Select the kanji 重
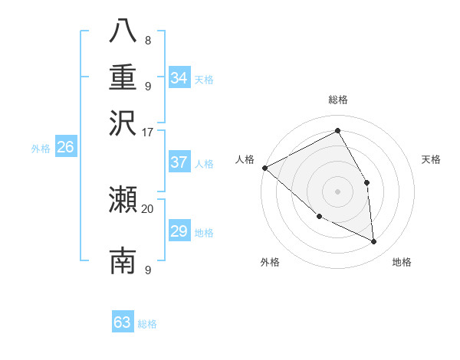coord(123,77)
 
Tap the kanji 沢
coord(123,122)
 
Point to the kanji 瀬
coord(123,200)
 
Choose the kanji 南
coord(123,260)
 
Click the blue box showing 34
coord(179,78)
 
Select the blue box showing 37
coord(179,162)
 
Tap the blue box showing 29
coord(179,231)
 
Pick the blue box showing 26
coord(66,147)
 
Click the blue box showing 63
coord(123,322)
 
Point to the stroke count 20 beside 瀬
coord(148,208)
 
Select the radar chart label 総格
coord(338,100)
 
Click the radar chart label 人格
coord(245,159)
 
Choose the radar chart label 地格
coord(402,263)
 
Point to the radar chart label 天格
coord(432,159)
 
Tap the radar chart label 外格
coord(270,263)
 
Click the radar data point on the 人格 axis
coord(264,168)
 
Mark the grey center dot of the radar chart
coord(337,191)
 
